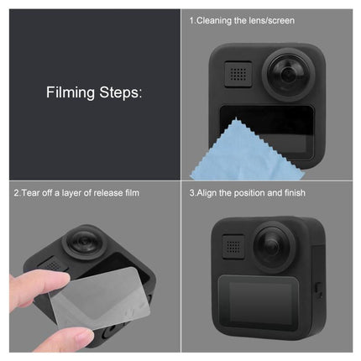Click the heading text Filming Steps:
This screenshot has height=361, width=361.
click(x=94, y=92)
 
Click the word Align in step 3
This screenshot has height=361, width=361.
click(x=205, y=193)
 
